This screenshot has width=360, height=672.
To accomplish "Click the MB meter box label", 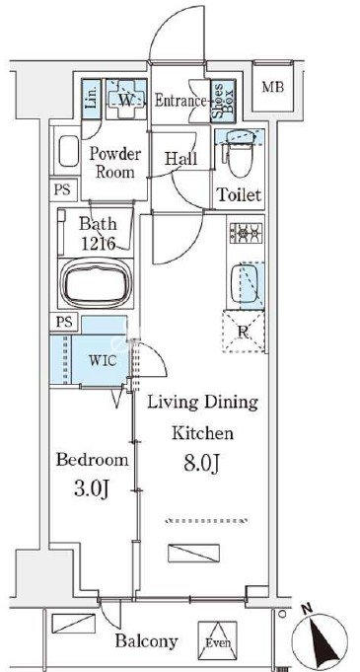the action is pos(273,88).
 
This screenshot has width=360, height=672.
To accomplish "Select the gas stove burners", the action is pos(247,233).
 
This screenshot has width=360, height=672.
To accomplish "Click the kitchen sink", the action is pos(245,283).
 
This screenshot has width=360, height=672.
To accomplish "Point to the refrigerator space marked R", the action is pos(244,331).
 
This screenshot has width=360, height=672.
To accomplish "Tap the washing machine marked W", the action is pos(126,100).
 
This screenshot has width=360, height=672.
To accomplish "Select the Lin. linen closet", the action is pos(92,100).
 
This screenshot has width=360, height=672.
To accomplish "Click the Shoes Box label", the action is pos(223,101).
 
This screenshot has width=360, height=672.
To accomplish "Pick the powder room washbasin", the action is pos(69,151).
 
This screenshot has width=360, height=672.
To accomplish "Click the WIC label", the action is pos(103,360).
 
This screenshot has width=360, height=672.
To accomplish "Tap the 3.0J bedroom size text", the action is pos(93,489).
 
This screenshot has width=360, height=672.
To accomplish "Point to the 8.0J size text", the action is pos(202,463).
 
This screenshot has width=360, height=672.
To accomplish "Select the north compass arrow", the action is pos(320,638).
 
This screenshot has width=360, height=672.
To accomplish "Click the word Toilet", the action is pos(239,195).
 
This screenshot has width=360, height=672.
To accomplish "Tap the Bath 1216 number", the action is pos(99,244).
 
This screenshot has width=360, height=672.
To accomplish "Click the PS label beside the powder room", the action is pos(62,189).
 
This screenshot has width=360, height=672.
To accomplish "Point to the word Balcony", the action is pos(146,641).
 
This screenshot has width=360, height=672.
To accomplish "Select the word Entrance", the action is pos(180,101).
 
